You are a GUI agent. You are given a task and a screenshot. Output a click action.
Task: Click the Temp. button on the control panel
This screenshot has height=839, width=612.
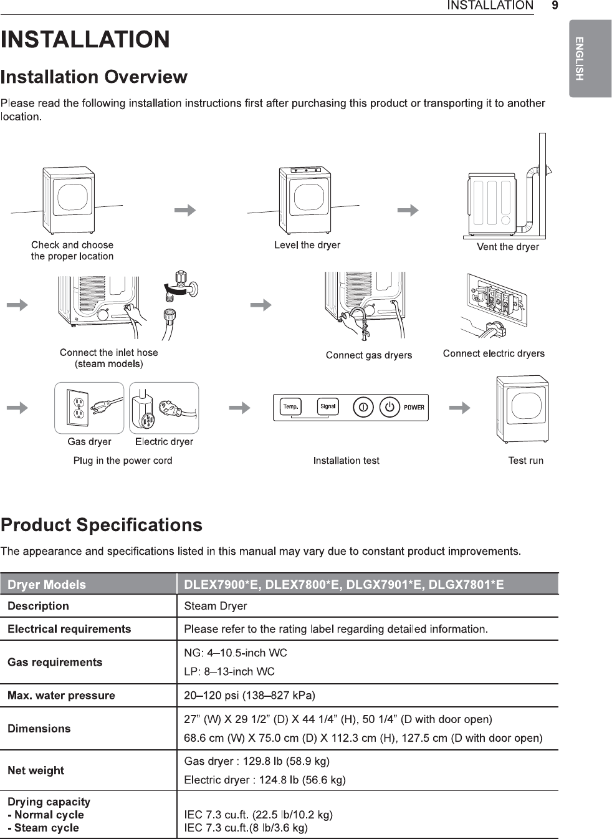pyautogui.click(x=290, y=407)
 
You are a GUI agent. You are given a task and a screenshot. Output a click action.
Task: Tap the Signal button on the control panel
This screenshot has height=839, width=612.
pyautogui.click(x=327, y=407)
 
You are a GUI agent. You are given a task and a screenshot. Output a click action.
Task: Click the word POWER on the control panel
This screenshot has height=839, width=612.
pyautogui.click(x=414, y=408)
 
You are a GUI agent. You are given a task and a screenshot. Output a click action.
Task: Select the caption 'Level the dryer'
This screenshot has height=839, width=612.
pyautogui.click(x=307, y=245)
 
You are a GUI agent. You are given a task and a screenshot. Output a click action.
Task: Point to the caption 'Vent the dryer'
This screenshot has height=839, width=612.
pyautogui.click(x=507, y=247)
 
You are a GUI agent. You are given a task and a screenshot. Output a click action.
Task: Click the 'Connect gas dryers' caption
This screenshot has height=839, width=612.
pyautogui.click(x=368, y=355)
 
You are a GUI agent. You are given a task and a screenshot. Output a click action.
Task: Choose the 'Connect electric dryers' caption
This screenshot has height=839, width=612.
pyautogui.click(x=494, y=353)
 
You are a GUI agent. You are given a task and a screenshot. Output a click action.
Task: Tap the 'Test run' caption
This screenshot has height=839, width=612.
pyautogui.click(x=525, y=461)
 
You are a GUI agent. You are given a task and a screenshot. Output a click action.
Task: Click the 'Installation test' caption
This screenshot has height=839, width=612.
pyautogui.click(x=346, y=461)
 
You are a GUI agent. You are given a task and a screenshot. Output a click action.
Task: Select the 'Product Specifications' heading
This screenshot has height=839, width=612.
pyautogui.click(x=102, y=525)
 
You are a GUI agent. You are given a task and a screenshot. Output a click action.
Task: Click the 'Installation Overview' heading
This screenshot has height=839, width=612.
pyautogui.click(x=94, y=77)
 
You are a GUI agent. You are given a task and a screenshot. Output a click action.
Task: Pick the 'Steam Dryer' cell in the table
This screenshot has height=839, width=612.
pyautogui.click(x=216, y=606)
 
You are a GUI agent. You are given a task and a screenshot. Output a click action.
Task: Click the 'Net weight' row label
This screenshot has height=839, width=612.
pyautogui.click(x=36, y=770)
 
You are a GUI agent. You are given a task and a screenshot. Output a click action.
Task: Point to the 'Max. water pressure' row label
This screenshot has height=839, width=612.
pyautogui.click(x=61, y=696)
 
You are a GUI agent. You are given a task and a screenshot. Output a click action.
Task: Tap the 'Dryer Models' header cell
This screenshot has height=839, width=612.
pyautogui.click(x=47, y=585)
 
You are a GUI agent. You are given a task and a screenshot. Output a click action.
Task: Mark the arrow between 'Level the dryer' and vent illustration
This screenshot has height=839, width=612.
pyautogui.click(x=408, y=210)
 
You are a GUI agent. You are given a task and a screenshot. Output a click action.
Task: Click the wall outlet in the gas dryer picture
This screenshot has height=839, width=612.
pyautogui.click(x=79, y=407)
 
